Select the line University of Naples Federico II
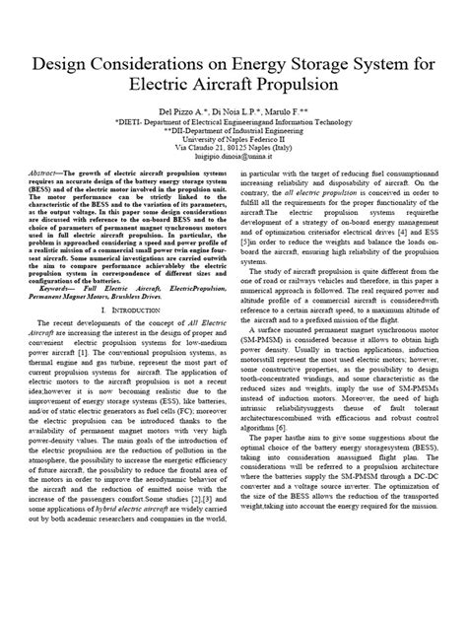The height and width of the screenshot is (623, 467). pyautogui.click(x=233, y=150)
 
